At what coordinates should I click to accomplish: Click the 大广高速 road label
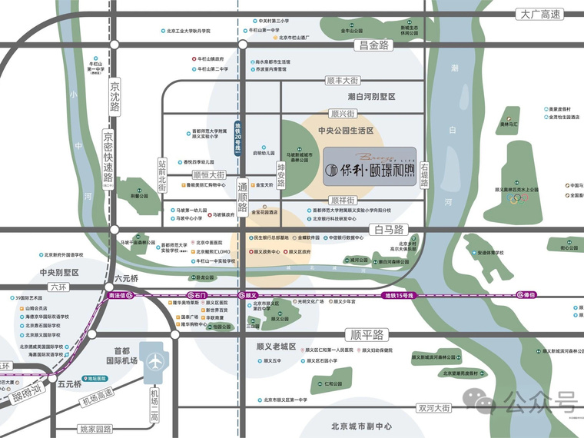click(540, 14)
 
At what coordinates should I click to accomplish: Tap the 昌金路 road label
click(372, 45)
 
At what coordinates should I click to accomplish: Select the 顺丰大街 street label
click(343, 80)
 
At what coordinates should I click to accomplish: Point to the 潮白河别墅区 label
click(370, 97)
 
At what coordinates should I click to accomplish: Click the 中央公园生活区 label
click(346, 131)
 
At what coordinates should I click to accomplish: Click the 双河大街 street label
click(433, 408)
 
